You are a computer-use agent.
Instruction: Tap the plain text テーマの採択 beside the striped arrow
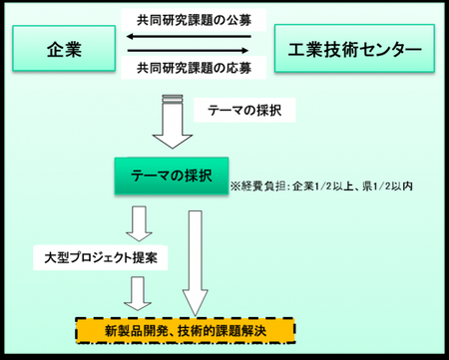pos(237,110)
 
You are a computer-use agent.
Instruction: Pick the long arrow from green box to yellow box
pos(194,259)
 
